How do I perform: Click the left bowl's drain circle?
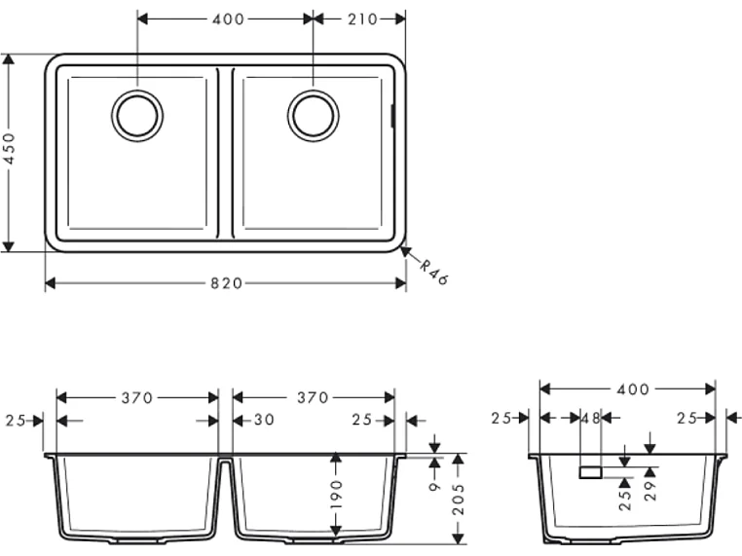(x=137, y=116)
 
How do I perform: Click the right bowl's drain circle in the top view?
(x=313, y=116)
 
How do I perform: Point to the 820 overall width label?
(x=226, y=283)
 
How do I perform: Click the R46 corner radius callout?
(x=433, y=274)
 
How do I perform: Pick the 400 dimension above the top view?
(x=227, y=19)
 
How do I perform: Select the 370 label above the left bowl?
(x=138, y=397)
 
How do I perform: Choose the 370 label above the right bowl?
(x=314, y=397)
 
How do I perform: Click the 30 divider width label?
(x=263, y=421)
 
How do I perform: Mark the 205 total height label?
(x=458, y=500)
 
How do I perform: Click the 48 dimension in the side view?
(x=589, y=420)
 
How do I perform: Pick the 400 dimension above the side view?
(x=633, y=389)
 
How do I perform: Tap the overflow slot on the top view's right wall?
(x=391, y=116)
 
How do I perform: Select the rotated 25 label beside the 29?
(x=625, y=499)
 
